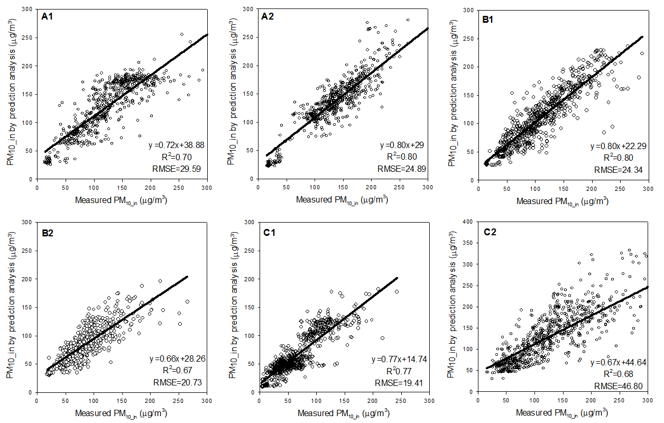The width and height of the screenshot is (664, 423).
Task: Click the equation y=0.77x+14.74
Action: [x=399, y=360]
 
